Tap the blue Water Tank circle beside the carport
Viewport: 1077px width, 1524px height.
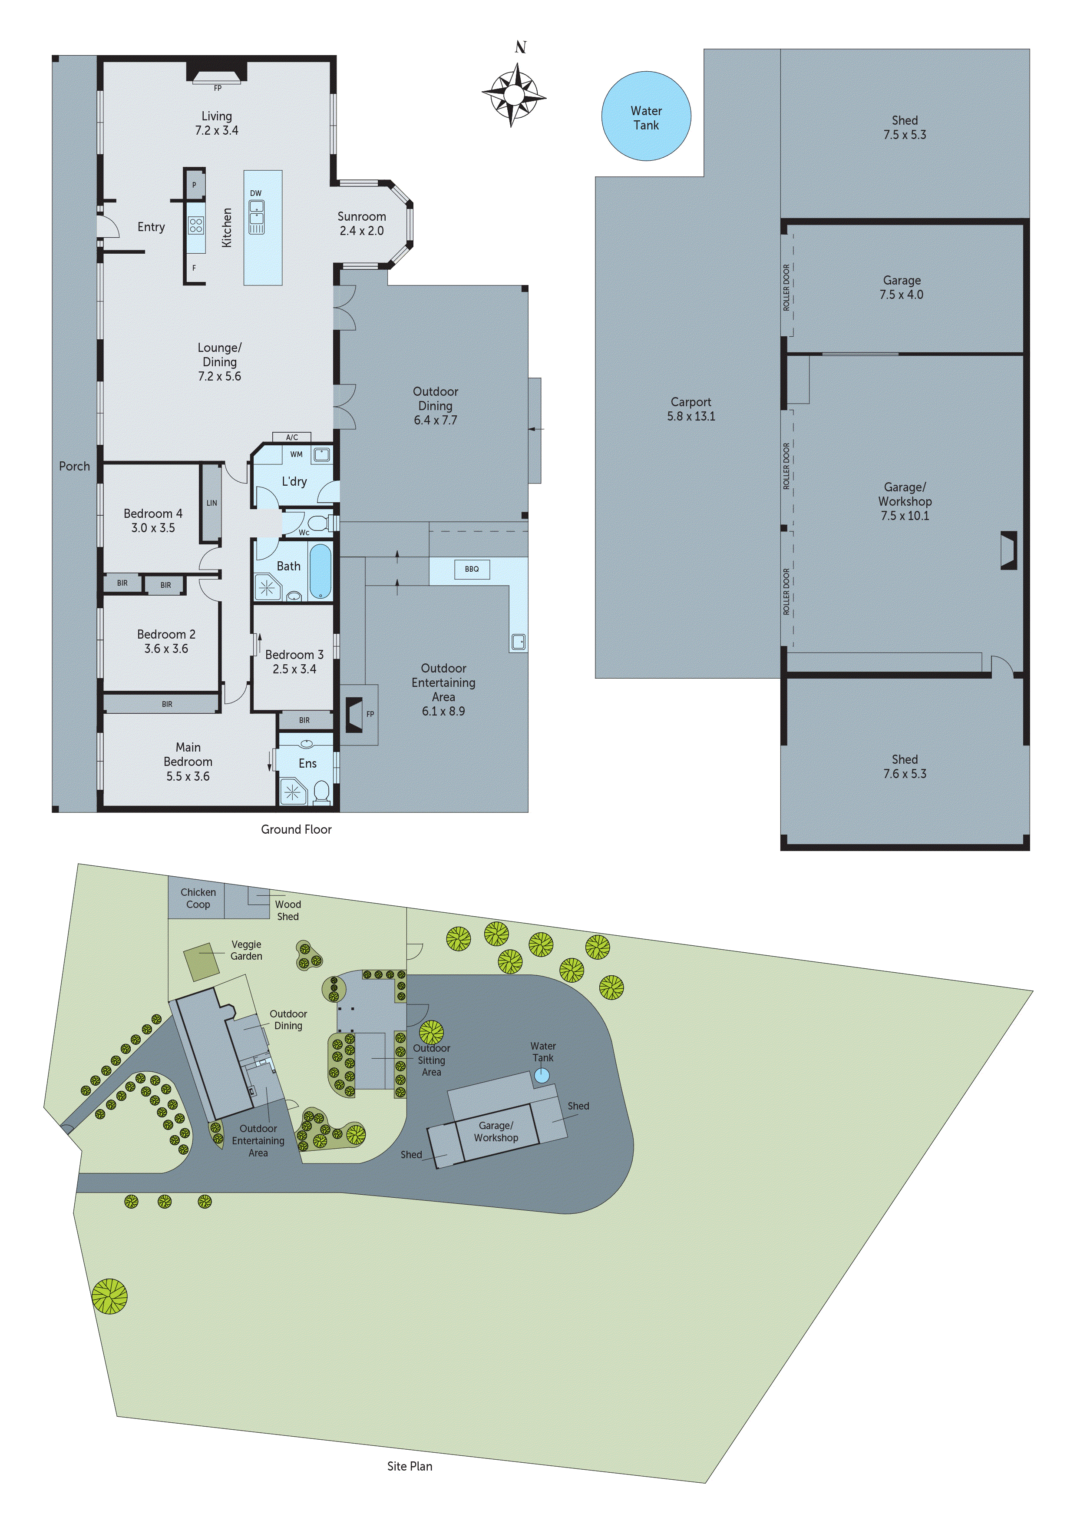(x=646, y=117)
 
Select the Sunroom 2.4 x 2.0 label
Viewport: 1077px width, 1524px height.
(x=362, y=224)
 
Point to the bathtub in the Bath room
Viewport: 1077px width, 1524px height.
(x=320, y=571)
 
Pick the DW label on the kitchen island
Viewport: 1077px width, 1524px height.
(x=255, y=193)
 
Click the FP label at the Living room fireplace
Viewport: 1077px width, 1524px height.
(x=217, y=88)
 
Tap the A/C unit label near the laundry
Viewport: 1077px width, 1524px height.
(x=292, y=437)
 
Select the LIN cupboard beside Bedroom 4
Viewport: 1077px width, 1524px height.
(x=211, y=503)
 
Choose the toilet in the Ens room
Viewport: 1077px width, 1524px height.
(x=322, y=791)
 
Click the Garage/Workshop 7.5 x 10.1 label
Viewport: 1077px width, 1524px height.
(x=905, y=501)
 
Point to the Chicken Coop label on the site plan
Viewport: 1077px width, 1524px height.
(x=198, y=898)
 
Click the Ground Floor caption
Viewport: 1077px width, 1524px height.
(x=296, y=829)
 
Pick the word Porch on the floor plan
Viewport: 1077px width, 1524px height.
(x=74, y=466)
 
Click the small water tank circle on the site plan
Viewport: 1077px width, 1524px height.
(x=542, y=1075)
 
